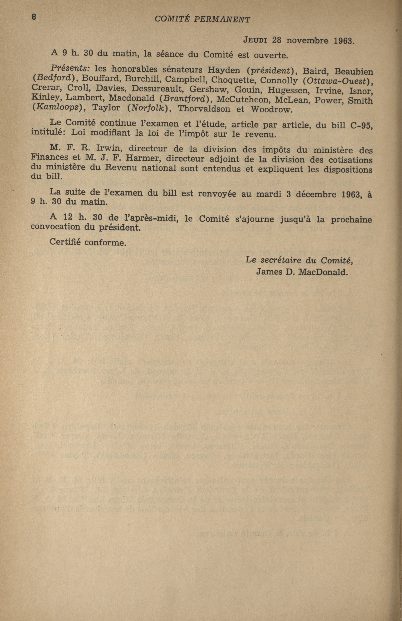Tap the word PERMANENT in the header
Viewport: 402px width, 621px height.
coord(222,19)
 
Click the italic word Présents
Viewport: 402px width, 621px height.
coord(70,68)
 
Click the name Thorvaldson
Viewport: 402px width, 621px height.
coord(204,109)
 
